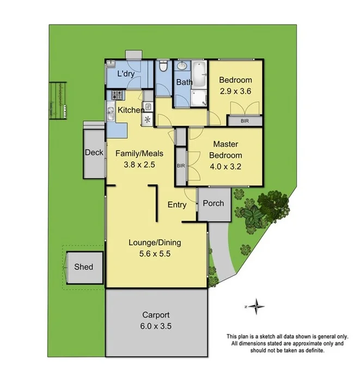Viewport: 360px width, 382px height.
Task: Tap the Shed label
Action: [x=84, y=267]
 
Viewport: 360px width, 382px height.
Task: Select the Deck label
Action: [x=94, y=153]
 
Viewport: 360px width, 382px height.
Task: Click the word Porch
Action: [x=213, y=204]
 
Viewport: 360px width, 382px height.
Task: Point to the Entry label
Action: [x=177, y=205]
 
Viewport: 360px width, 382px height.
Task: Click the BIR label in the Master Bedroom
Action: [x=180, y=166]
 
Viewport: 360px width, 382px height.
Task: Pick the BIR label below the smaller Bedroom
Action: [x=245, y=121]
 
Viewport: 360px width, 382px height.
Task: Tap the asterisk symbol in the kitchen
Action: [x=148, y=120]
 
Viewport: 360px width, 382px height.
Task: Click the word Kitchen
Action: [x=131, y=110]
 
